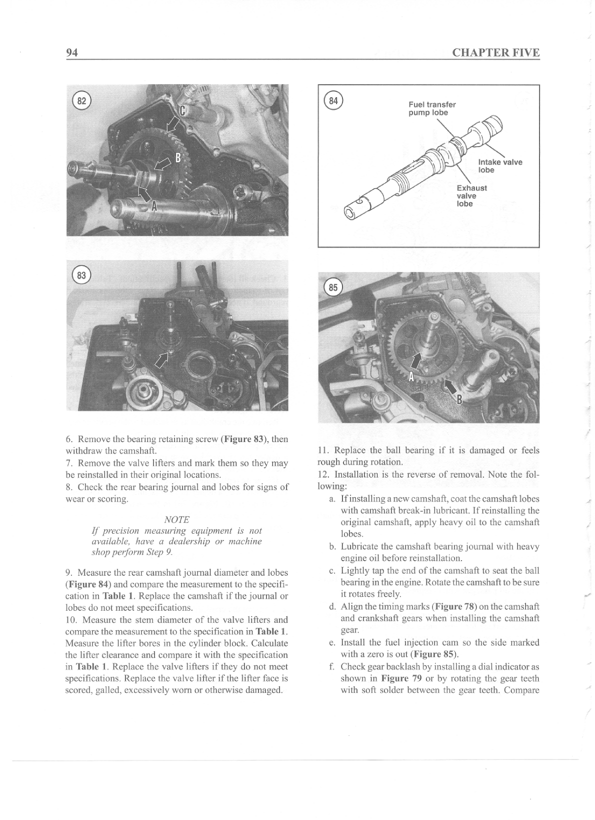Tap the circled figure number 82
tap(81, 101)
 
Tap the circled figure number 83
tap(81, 275)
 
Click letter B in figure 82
tap(176, 159)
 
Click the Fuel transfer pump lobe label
tap(432, 109)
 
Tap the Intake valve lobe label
tap(500, 166)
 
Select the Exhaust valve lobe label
tap(471, 196)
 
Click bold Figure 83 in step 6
tap(243, 439)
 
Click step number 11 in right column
tap(323, 450)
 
